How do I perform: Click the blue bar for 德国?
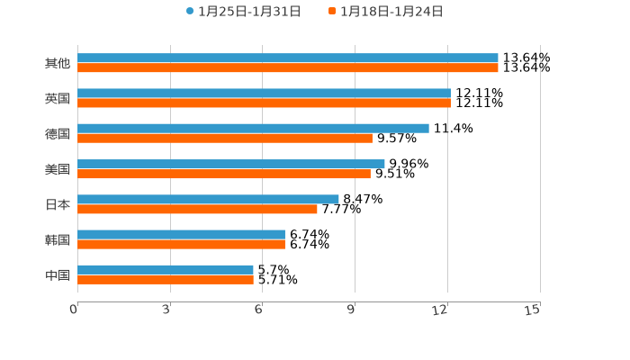pyautogui.click(x=253, y=128)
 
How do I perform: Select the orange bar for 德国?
pyautogui.click(x=225, y=138)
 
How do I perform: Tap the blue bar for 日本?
pyautogui.click(x=208, y=199)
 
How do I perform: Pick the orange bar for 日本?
pyautogui.click(x=197, y=209)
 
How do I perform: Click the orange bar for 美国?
pyautogui.click(x=224, y=174)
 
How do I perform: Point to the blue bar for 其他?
pyautogui.click(x=288, y=58)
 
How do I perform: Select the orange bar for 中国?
pyautogui.click(x=166, y=279)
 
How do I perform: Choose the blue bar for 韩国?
pyautogui.click(x=181, y=234)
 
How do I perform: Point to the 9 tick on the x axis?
pyautogui.click(x=355, y=310)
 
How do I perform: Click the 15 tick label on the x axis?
pyautogui.click(x=533, y=310)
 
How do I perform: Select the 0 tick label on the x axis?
pyautogui.click(x=75, y=310)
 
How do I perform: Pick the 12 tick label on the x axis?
pyautogui.click(x=441, y=310)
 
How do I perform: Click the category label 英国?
pyautogui.click(x=58, y=98)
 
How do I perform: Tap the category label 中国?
pyautogui.click(x=58, y=274)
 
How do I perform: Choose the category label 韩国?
pyautogui.click(x=58, y=239)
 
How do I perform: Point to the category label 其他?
pyautogui.click(x=58, y=63)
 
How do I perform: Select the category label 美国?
pyautogui.click(x=58, y=169)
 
